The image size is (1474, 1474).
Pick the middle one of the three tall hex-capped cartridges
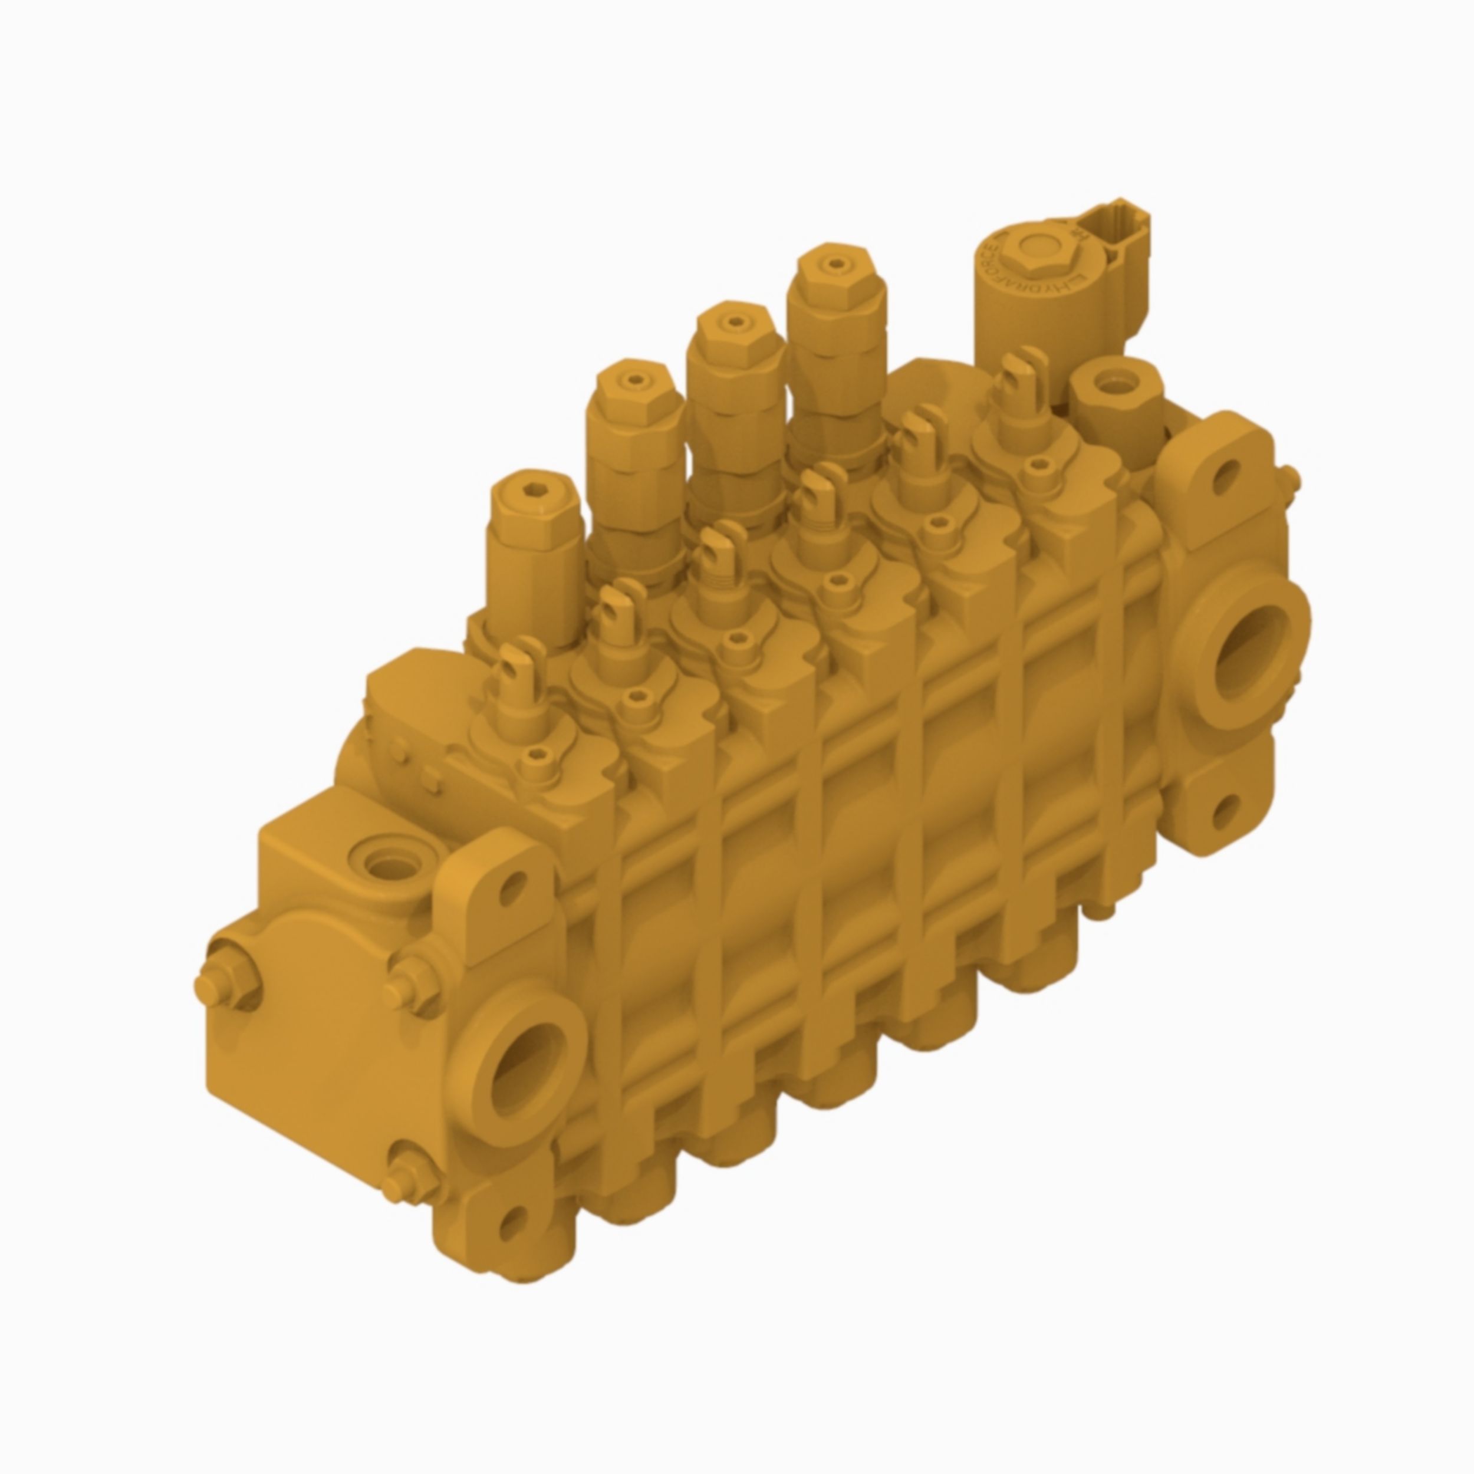[x=733, y=333]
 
